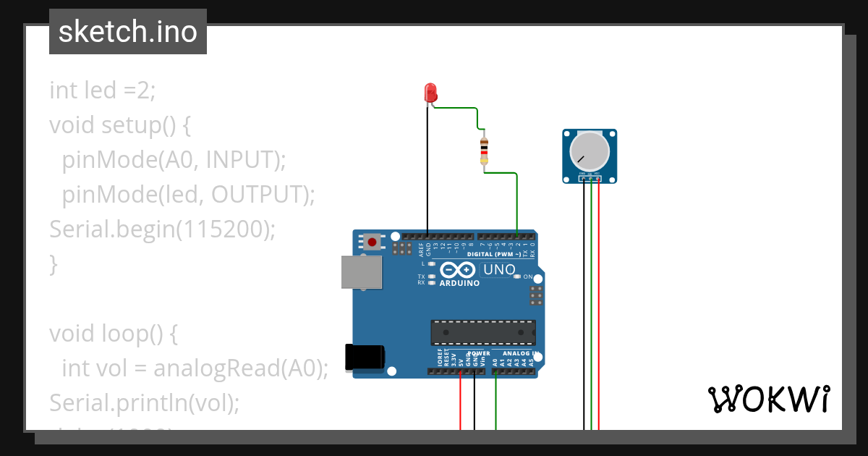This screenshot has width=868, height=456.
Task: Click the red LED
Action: click(x=430, y=93)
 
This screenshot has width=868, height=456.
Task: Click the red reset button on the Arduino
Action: click(x=373, y=242)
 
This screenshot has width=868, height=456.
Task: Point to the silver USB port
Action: click(x=362, y=272)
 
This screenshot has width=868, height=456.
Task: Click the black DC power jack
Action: click(x=365, y=357)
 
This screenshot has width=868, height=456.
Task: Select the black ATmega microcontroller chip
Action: click(x=483, y=332)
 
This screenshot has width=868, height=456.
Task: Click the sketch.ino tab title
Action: click(x=128, y=32)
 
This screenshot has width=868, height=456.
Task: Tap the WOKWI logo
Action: click(x=768, y=399)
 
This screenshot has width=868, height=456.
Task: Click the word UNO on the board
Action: click(x=500, y=270)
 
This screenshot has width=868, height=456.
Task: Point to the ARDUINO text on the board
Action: click(x=459, y=284)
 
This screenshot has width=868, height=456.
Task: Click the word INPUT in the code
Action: click(x=241, y=160)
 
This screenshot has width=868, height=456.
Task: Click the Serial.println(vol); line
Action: click(x=144, y=402)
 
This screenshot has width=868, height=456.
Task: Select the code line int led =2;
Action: click(x=103, y=90)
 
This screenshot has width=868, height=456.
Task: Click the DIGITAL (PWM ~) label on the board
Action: click(x=495, y=255)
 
